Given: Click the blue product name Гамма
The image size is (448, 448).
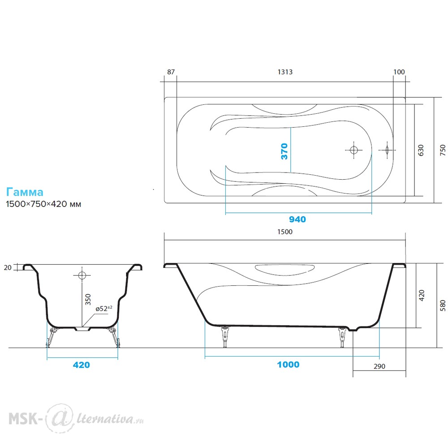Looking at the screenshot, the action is coord(25,192).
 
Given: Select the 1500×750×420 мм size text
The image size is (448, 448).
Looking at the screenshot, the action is coord(43,204).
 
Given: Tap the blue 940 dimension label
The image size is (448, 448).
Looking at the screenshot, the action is coord(297,220).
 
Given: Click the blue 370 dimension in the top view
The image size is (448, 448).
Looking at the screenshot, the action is coord(284,151).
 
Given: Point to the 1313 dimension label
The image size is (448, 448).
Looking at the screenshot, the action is coord(285,72).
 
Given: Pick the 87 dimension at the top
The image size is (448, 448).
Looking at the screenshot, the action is coord(171,72).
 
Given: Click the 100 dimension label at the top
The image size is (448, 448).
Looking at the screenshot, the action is coord(399,72).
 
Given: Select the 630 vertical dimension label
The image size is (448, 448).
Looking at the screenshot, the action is coord(421,150).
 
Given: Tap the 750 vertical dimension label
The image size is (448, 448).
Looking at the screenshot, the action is coord(443,150).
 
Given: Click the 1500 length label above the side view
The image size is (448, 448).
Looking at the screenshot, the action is coord(285,232).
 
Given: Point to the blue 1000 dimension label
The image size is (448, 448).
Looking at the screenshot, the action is coord(288,365).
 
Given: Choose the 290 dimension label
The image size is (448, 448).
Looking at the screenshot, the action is coord(379,366).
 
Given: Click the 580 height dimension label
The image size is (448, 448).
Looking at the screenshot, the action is coord(443,306).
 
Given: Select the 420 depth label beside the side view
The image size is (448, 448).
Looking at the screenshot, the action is coord(422,295).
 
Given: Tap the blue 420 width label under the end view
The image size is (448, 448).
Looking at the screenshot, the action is coord(82,365).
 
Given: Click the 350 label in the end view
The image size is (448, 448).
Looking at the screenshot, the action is coord(88,299).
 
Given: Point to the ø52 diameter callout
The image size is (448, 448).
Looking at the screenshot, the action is coord(104,309).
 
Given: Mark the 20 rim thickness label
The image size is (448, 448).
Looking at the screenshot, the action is coord(8,268).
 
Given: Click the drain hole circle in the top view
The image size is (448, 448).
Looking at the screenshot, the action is coord(354,150).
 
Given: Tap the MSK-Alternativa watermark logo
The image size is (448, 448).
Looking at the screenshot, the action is coord(76,418).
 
